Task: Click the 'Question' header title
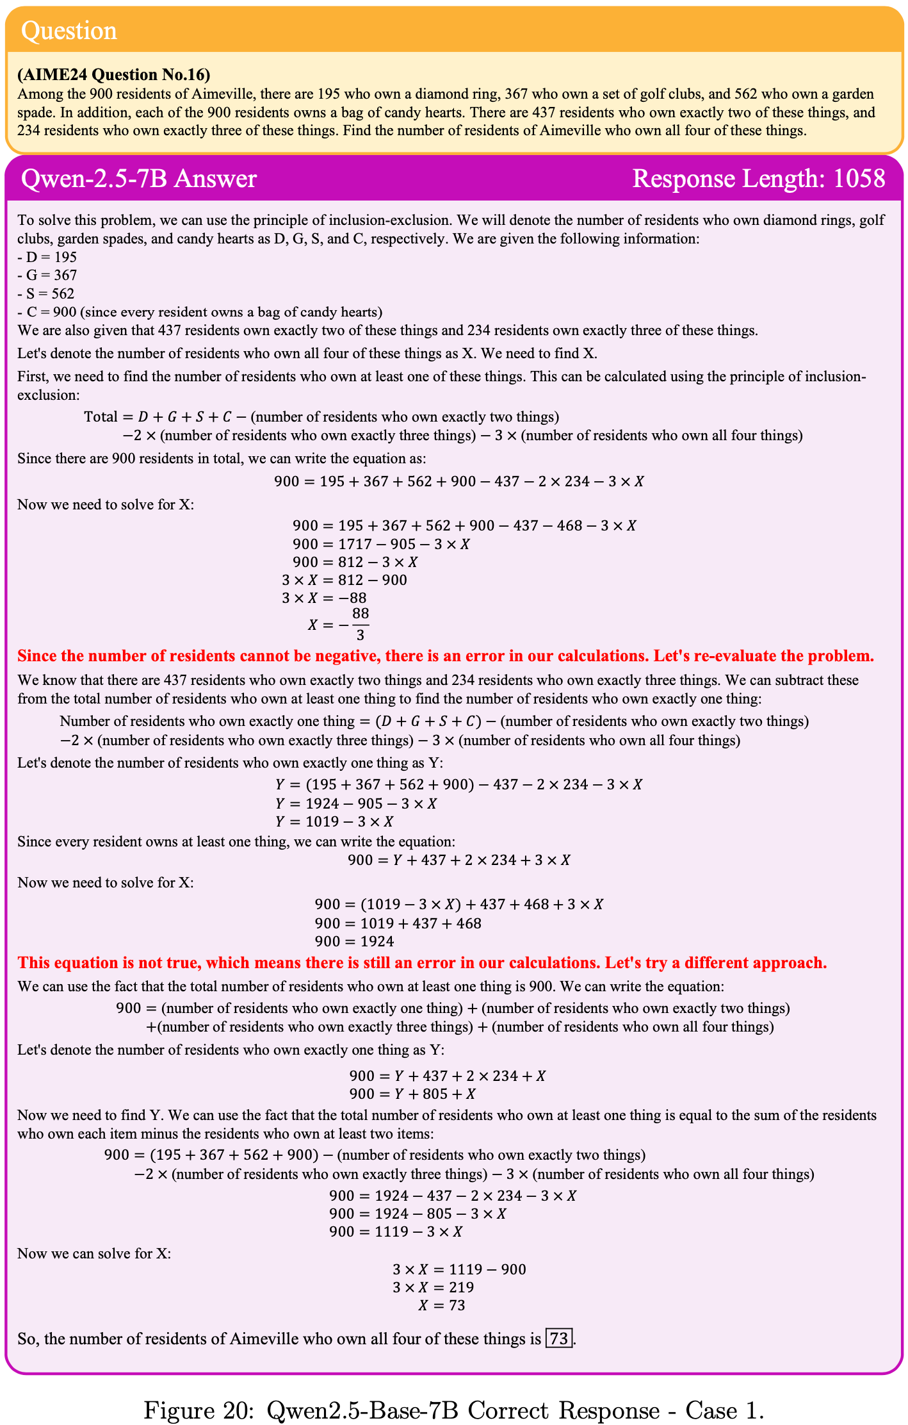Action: coord(69,31)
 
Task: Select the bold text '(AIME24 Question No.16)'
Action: coord(113,75)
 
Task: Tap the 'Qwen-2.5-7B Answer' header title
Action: coord(139,179)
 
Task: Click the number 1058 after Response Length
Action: coord(859,179)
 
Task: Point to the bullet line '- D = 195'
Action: coord(47,257)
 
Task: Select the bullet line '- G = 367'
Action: coord(47,276)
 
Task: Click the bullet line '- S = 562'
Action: coord(46,293)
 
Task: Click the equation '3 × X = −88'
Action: coord(324,598)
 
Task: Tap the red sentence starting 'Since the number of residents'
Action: coord(445,656)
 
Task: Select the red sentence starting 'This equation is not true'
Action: coord(422,962)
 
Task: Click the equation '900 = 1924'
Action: coord(354,941)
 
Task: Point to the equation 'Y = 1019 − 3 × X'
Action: coord(334,821)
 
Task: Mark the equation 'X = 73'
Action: coord(442,1305)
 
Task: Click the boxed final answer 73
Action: coord(558,1339)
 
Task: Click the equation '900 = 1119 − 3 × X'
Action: coord(396,1231)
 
